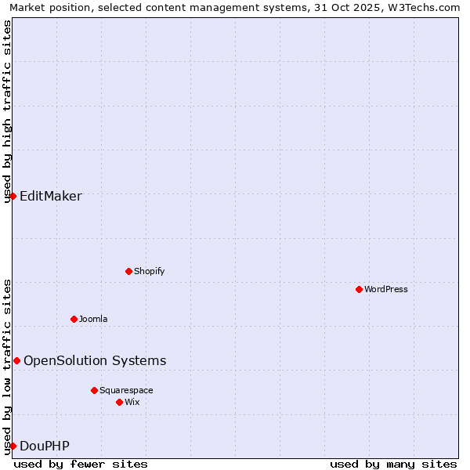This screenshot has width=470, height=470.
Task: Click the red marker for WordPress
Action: [359, 289]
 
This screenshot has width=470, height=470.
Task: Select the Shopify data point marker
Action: [128, 271]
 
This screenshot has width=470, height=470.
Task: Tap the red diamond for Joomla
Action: [74, 319]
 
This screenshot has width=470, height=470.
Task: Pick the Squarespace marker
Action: [94, 390]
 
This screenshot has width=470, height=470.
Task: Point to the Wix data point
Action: [119, 402]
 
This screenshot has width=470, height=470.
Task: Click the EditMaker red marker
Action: [13, 196]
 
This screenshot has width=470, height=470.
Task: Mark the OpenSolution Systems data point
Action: [16, 360]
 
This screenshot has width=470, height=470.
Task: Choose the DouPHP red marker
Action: [13, 446]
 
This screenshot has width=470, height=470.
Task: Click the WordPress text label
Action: [386, 289]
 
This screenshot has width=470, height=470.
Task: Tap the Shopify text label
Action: [149, 271]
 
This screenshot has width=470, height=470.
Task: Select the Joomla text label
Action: [93, 319]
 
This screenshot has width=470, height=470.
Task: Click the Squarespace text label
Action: [126, 390]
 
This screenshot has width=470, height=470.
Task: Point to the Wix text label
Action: [132, 402]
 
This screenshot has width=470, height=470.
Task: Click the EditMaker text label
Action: [51, 196]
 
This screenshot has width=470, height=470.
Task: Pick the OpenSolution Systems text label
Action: [95, 360]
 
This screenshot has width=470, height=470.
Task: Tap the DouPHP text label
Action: [45, 446]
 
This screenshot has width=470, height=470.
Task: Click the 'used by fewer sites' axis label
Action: [81, 464]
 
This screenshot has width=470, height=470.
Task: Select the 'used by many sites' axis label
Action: [393, 464]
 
